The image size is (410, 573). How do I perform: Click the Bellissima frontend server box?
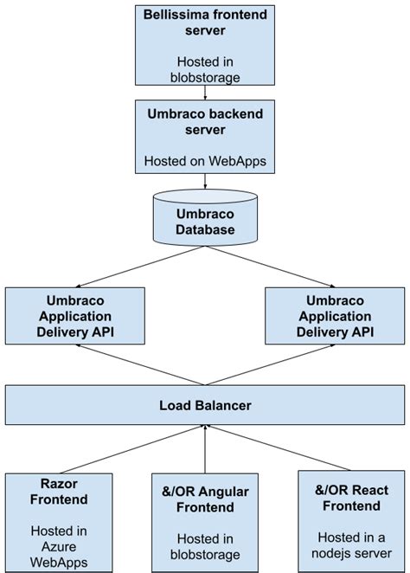click(x=204, y=46)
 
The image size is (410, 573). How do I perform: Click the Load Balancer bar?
click(x=205, y=405)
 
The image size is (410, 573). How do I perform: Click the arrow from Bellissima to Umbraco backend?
click(x=205, y=93)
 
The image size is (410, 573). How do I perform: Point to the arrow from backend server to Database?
click(x=205, y=182)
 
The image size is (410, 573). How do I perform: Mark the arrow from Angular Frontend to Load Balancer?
click(x=205, y=447)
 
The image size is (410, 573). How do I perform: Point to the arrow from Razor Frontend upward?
click(x=130, y=447)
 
